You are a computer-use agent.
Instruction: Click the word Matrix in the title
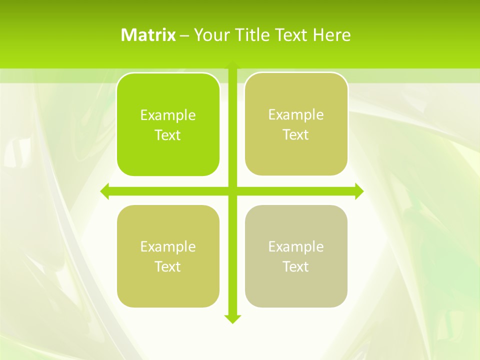(x=148, y=35)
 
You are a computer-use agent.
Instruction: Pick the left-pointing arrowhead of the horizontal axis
(x=104, y=191)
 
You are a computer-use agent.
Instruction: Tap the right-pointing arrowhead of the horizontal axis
(x=359, y=191)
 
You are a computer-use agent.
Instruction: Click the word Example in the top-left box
(x=168, y=115)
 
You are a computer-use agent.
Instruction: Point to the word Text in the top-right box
(x=296, y=135)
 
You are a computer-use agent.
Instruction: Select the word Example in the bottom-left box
(x=168, y=247)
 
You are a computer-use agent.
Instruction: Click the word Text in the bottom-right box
(x=296, y=266)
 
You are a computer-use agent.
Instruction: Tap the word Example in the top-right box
(x=296, y=115)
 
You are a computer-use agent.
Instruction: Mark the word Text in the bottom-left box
(x=168, y=266)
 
